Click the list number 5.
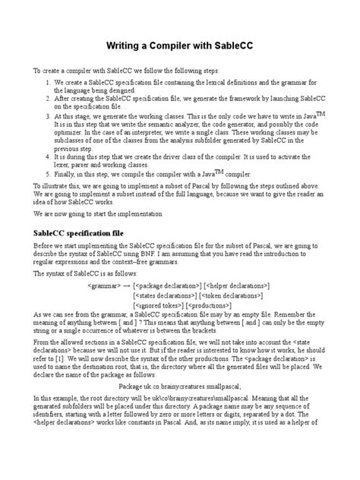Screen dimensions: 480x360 click(49, 173)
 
